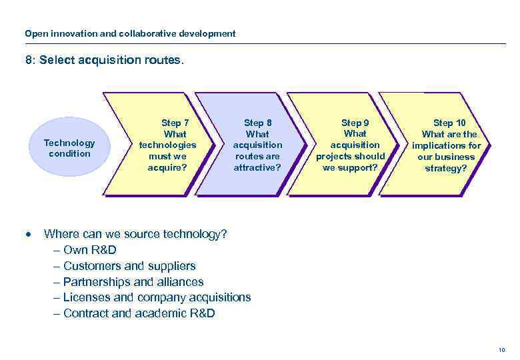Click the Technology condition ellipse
[69, 148]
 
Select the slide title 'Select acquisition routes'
[103, 61]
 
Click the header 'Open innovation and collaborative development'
[130, 33]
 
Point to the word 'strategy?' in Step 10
[446, 168]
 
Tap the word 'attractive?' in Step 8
[257, 167]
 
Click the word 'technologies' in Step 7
[167, 145]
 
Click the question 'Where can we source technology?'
[135, 234]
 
